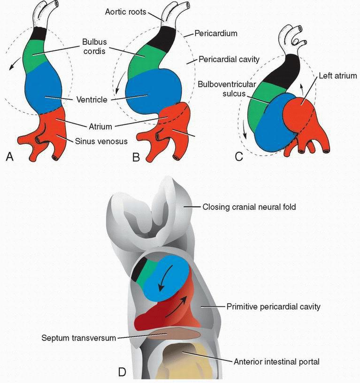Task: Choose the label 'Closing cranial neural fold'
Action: coord(249,206)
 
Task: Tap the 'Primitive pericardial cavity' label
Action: coord(273,306)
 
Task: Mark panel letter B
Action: coord(136,157)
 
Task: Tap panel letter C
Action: coord(238,157)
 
